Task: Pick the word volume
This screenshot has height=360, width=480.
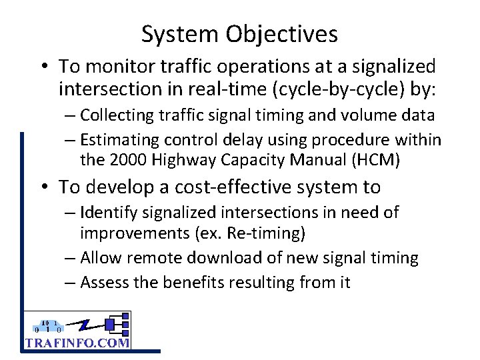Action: coord(368,115)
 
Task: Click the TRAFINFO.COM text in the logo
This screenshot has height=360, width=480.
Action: coord(77,343)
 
